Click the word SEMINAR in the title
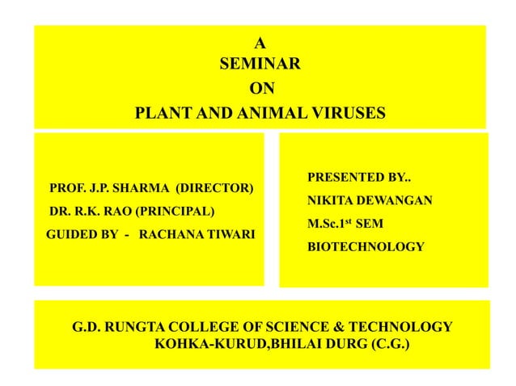pos(260,62)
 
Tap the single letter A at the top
pos(259,42)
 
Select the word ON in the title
pos(260,88)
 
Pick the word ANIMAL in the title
pos(259,112)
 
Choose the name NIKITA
pos(332,199)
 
